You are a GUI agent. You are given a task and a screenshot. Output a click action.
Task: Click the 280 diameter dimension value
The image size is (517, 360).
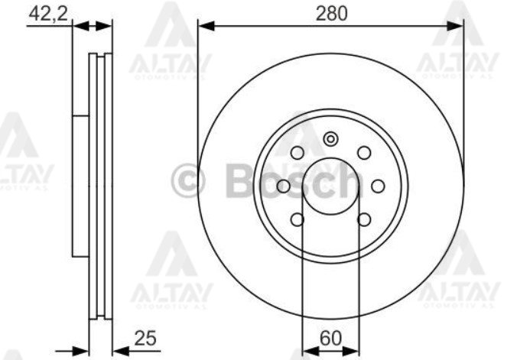click(x=331, y=12)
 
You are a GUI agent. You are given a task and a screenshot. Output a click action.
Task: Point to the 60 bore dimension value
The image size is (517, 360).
click(x=330, y=337)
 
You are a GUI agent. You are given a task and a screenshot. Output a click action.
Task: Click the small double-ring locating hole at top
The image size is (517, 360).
click(x=331, y=139)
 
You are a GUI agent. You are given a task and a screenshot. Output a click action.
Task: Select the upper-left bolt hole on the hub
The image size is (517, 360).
click(x=298, y=152)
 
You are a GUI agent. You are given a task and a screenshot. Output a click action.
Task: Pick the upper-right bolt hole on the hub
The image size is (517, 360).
click(x=364, y=152)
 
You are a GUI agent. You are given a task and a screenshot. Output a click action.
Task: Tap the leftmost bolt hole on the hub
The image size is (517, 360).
click(x=284, y=186)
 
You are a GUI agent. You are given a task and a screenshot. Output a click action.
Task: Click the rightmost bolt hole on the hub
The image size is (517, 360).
click(x=378, y=186)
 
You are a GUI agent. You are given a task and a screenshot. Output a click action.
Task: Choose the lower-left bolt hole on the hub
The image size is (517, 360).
click(x=298, y=220)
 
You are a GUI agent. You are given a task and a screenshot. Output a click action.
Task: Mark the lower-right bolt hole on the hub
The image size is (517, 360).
click(x=364, y=220)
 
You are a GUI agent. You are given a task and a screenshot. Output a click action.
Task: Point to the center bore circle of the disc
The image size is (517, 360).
click(x=331, y=186)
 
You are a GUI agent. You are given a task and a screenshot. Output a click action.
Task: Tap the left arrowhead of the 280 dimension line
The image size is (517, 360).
click(x=203, y=27)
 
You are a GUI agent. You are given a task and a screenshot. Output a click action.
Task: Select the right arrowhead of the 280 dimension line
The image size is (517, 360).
click(x=459, y=27)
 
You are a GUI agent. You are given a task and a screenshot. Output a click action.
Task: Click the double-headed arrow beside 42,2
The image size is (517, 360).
click(x=93, y=27)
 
